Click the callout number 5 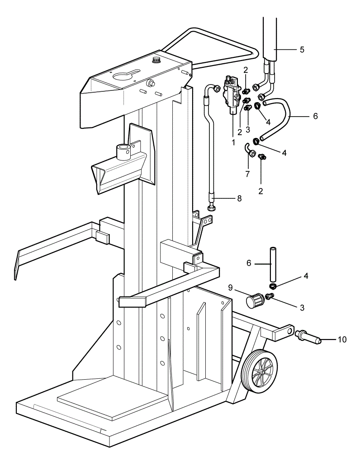[x=302, y=50]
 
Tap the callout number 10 [x=342, y=339]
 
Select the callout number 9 [x=230, y=288]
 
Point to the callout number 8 [x=239, y=198]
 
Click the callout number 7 [x=247, y=174]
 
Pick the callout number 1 [x=233, y=142]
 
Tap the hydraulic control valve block [x=232, y=94]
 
